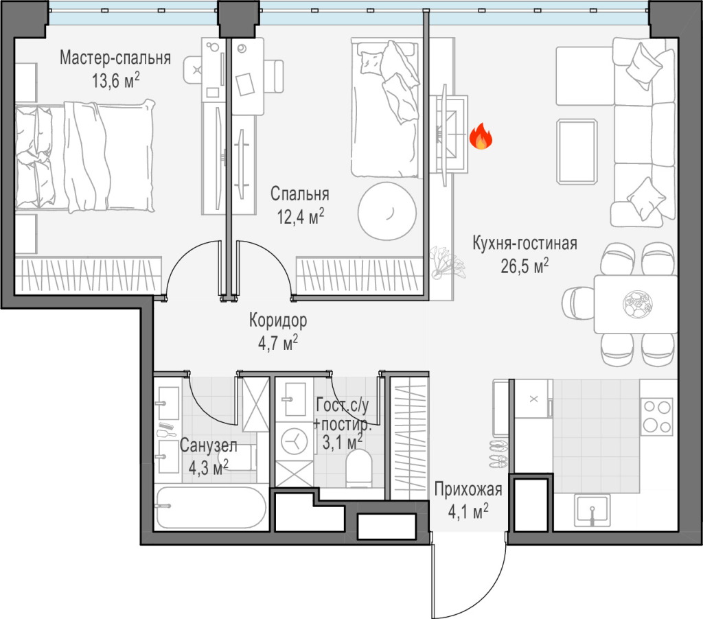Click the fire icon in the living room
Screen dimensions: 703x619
click(x=481, y=136)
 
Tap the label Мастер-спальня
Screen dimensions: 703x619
click(x=115, y=58)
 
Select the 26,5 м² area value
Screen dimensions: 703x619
click(x=525, y=266)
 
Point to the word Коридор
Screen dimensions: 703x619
click(x=278, y=320)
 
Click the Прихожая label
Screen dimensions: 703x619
click(x=468, y=489)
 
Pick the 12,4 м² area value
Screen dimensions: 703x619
click(x=301, y=216)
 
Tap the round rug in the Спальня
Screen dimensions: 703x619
click(x=387, y=211)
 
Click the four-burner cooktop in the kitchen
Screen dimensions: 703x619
click(x=657, y=417)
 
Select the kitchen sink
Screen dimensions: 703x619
click(x=592, y=510)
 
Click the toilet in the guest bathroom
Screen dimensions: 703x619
click(x=359, y=469)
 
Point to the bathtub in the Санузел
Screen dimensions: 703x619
click(x=211, y=507)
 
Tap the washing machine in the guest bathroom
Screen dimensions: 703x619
click(x=294, y=441)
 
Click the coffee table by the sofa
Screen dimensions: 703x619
click(x=577, y=152)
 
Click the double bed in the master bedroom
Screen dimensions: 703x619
click(x=84, y=156)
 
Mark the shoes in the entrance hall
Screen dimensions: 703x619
click(x=498, y=454)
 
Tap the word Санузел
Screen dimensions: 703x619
click(x=209, y=445)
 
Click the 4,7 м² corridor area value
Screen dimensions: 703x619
click(x=278, y=343)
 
